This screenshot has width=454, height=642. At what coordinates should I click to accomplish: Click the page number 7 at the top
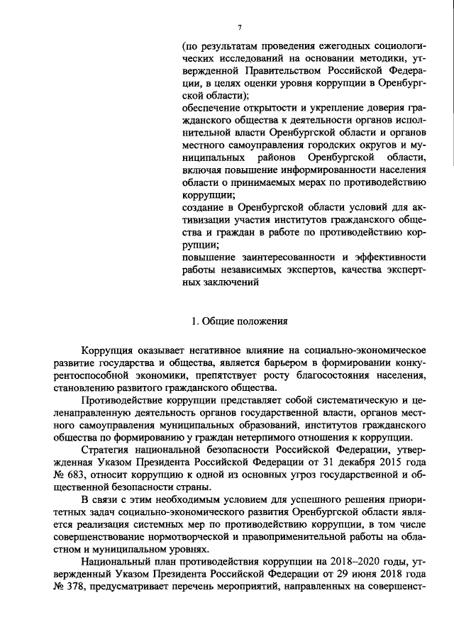(x=239, y=27)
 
